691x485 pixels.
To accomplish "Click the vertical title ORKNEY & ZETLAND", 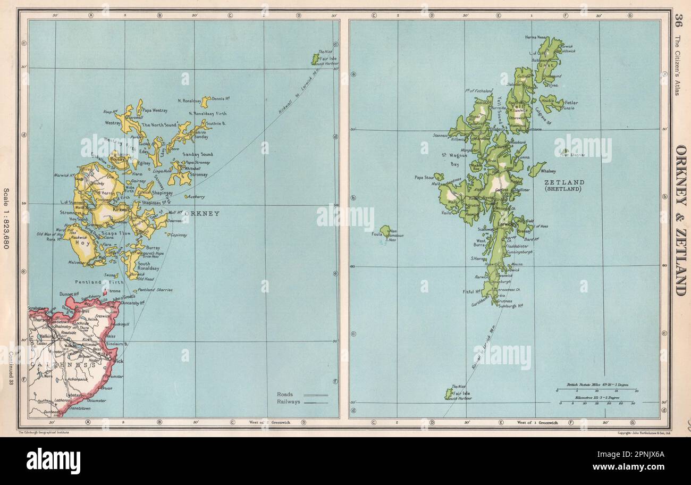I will pos(680,220).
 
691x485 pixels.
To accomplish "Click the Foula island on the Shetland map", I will pos(385,231).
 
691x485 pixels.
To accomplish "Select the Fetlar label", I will pos(571,103).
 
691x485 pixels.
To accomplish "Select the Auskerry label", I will pos(197,196).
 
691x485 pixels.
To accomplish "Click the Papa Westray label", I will pos(155,111).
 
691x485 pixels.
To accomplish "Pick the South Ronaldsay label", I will pos(151,267).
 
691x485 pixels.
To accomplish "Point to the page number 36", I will pos(678,21).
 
